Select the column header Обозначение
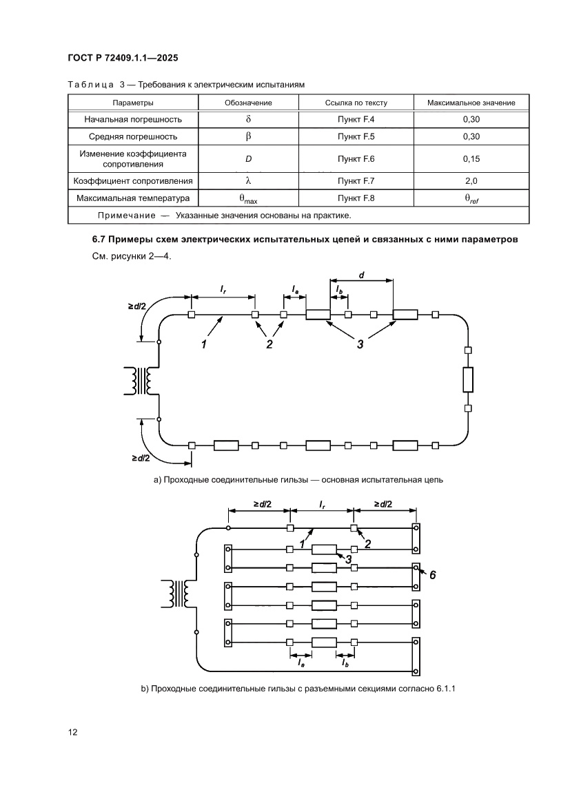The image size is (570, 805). click(x=249, y=103)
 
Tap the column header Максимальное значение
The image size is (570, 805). click(x=471, y=103)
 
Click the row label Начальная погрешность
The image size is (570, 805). click(x=133, y=119)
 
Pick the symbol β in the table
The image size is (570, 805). click(x=249, y=136)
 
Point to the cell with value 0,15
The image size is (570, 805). click(x=471, y=159)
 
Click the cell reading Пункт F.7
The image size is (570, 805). click(x=356, y=182)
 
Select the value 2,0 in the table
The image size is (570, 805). click(x=471, y=182)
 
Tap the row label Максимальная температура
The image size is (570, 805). click(x=133, y=199)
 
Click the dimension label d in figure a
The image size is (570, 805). click(x=361, y=275)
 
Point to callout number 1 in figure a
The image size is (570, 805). click(x=204, y=344)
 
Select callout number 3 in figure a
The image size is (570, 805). click(x=360, y=344)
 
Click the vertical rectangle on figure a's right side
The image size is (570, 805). click(x=468, y=379)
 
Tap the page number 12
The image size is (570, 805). click(x=72, y=732)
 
